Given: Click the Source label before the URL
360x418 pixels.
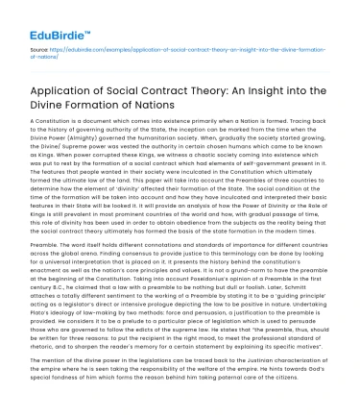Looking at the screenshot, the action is (x=39, y=46).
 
